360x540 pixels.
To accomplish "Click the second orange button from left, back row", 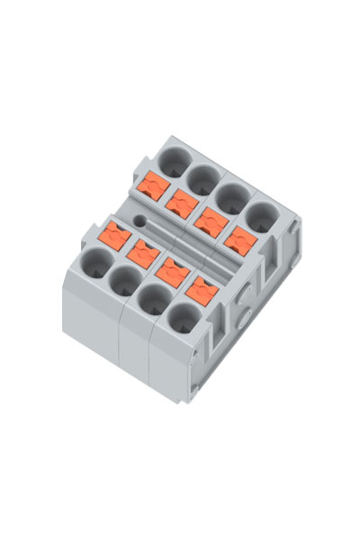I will tap(184, 200).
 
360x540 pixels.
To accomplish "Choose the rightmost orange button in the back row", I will tap(240, 240).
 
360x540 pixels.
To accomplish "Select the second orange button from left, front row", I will tap(143, 253).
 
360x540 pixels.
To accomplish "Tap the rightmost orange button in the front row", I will tap(202, 291).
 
